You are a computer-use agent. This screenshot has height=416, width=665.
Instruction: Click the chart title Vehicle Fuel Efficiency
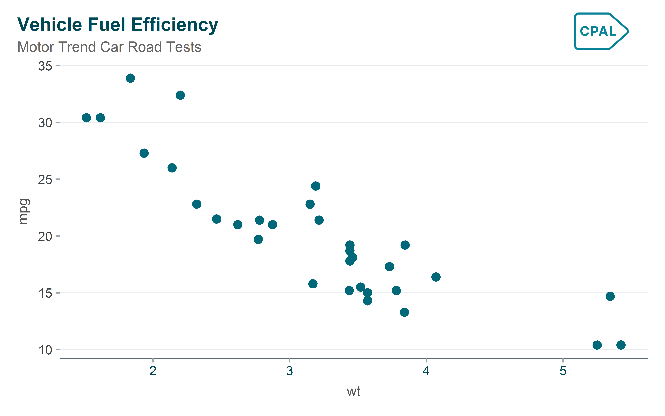click(118, 25)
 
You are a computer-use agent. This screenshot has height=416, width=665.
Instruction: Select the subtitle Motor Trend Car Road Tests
click(109, 47)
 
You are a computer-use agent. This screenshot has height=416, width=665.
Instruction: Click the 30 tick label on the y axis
click(45, 123)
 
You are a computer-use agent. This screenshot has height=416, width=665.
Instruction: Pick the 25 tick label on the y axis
click(45, 180)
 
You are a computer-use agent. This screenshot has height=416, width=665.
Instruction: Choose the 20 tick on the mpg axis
click(45, 236)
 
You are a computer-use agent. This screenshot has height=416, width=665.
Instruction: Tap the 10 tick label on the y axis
click(45, 350)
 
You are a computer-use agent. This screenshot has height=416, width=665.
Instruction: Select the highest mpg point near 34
click(130, 78)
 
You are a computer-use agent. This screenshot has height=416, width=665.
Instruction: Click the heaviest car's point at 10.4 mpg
click(621, 345)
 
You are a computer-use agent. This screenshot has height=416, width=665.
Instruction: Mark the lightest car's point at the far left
click(86, 118)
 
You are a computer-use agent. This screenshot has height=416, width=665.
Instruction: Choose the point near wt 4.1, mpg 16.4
click(436, 277)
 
